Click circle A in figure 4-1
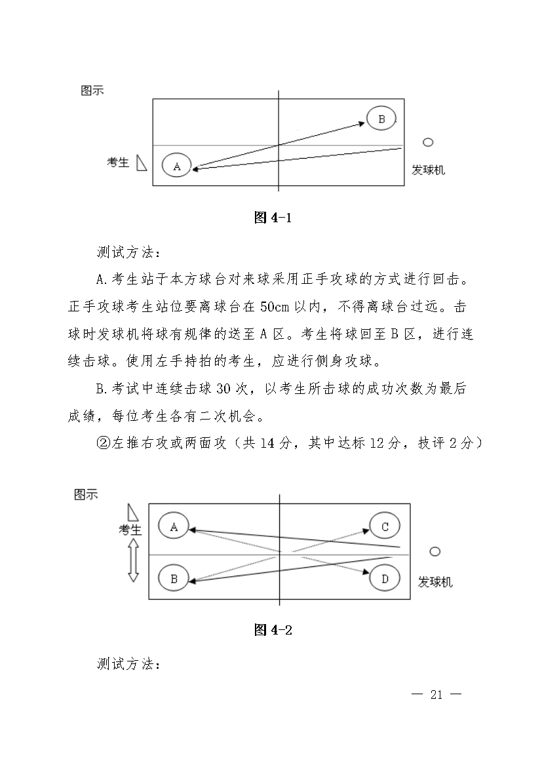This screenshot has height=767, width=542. [176, 166]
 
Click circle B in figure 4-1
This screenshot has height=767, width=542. [381, 119]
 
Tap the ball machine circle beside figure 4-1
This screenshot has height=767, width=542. [428, 142]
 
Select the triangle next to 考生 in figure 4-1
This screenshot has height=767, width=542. [141, 163]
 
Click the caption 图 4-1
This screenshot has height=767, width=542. [272, 218]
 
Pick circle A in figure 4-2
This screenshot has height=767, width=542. [174, 526]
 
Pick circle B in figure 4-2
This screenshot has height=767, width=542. [174, 579]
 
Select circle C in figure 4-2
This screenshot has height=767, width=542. [385, 526]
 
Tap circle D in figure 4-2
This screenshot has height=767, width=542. [385, 579]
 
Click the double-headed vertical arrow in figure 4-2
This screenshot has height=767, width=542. [133, 560]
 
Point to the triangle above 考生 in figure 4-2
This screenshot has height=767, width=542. [133, 512]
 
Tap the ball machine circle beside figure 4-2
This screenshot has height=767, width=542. [435, 551]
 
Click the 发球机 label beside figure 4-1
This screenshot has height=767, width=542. [428, 170]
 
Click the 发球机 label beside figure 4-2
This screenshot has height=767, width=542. [435, 581]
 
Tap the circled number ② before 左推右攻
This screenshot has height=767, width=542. [102, 444]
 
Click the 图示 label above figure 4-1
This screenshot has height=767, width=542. [92, 91]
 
